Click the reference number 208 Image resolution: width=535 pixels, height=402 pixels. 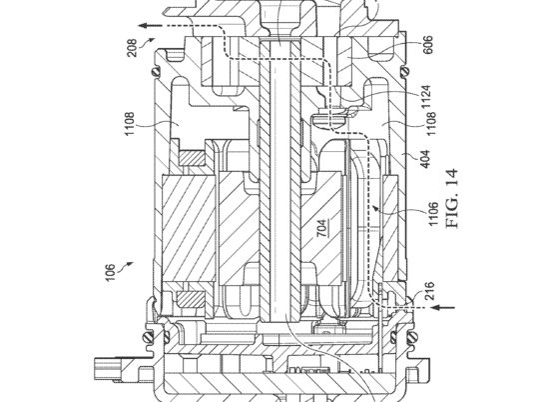tap(133, 48)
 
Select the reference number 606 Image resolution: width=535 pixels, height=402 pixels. tap(427, 44)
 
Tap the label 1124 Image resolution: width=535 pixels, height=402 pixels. tap(426, 97)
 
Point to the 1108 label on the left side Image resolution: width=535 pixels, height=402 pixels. tap(130, 124)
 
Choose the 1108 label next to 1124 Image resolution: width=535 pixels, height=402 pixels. tap(431, 124)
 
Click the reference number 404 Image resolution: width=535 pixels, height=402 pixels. tap(425, 159)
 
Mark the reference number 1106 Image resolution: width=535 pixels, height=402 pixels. tap(433, 214)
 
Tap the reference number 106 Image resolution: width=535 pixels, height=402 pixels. tap(110, 272)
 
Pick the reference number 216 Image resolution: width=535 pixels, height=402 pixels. tap(429, 290)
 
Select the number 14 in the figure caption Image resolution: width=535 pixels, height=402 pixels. tap(452, 177)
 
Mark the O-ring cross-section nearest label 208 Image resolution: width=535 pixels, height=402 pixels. tap(157, 72)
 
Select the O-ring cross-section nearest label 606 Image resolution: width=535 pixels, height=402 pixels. tap(406, 72)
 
